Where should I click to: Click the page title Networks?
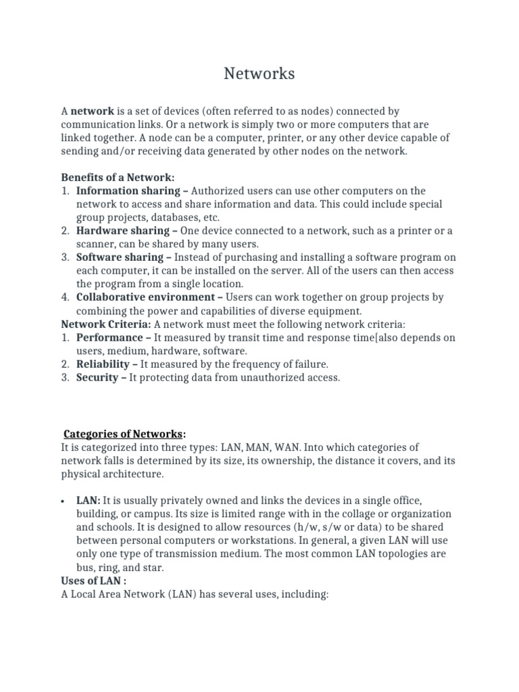click(x=259, y=74)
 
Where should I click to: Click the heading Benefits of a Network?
click(x=118, y=178)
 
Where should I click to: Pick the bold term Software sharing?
click(x=120, y=257)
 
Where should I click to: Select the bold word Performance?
click(x=109, y=337)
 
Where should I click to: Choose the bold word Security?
click(x=97, y=377)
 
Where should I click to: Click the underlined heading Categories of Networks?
click(x=123, y=434)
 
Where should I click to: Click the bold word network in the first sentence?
click(x=92, y=112)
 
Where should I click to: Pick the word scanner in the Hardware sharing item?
click(x=95, y=244)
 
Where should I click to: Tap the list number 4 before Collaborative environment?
click(x=66, y=297)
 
